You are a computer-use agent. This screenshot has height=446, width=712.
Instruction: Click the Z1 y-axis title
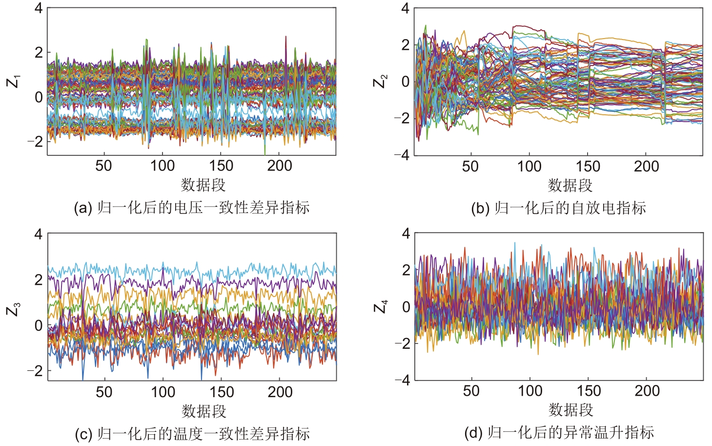(13, 81)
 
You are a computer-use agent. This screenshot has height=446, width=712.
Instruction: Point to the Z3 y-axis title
(13, 309)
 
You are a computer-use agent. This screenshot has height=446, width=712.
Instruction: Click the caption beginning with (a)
(192, 208)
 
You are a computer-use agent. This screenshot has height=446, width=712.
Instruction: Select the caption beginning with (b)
(558, 208)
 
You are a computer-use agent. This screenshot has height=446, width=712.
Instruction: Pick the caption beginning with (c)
(192, 434)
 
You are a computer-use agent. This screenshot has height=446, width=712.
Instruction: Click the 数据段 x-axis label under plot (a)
(203, 185)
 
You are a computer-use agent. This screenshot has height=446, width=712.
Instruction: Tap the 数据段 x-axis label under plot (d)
(570, 410)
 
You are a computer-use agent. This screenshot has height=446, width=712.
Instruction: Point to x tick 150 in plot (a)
(221, 166)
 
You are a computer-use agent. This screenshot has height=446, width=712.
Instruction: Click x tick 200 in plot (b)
(646, 167)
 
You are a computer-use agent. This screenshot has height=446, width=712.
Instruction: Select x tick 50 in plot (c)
(104, 392)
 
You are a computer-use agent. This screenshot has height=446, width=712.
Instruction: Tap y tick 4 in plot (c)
(38, 234)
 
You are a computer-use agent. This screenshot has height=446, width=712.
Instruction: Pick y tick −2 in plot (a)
(35, 142)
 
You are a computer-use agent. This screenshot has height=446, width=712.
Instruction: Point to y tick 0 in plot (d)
(406, 307)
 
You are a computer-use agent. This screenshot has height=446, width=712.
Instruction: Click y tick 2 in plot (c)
(38, 280)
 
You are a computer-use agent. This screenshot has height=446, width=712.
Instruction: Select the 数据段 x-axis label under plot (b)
(570, 186)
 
